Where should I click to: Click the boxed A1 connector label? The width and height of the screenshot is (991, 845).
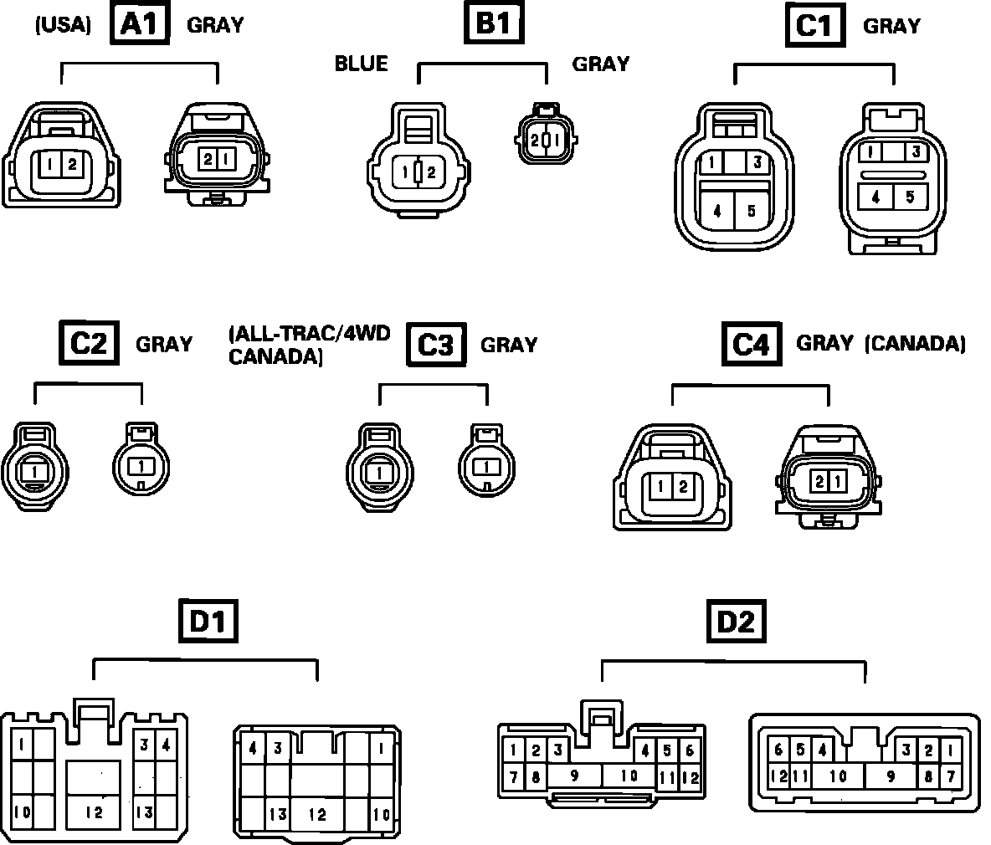click(x=140, y=24)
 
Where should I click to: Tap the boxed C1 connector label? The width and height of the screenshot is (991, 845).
click(x=814, y=26)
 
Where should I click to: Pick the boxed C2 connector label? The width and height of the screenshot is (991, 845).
click(x=88, y=343)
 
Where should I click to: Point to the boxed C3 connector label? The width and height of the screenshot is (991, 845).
click(x=435, y=344)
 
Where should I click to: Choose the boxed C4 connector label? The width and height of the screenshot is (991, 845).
click(x=751, y=344)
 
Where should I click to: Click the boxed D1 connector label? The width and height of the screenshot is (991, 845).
click(x=209, y=622)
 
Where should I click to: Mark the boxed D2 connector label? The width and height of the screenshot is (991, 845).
click(x=737, y=622)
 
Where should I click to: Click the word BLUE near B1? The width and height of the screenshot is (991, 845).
click(x=361, y=64)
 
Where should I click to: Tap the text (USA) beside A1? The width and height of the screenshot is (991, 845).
click(x=63, y=25)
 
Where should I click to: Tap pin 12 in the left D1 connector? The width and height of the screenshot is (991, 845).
click(x=94, y=812)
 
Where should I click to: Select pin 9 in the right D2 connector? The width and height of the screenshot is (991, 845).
click(x=891, y=776)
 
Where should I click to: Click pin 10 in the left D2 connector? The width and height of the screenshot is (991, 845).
click(x=629, y=776)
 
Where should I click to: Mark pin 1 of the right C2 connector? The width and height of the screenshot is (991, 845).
click(x=141, y=464)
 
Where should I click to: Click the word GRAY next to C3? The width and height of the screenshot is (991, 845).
click(x=509, y=345)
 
